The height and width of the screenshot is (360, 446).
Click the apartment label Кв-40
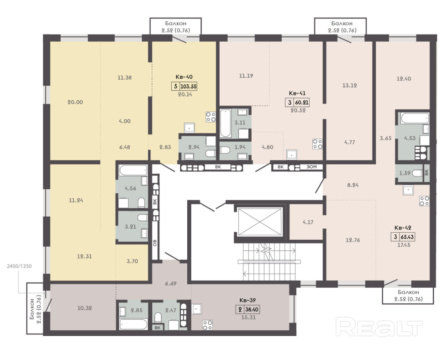(184, 77)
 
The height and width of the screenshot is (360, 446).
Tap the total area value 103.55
(188, 86)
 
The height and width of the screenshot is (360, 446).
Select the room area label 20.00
(75, 102)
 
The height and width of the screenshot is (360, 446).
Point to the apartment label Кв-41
(297, 93)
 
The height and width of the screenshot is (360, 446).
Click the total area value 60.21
(302, 102)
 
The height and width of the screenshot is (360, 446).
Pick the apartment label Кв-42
(403, 228)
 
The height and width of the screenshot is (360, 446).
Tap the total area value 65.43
(407, 236)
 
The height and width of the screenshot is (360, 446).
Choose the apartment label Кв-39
(248, 300)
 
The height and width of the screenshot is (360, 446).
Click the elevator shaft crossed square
(260, 222)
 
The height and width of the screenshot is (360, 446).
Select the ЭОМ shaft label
(312, 167)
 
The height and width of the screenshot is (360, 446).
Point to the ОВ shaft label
(155, 242)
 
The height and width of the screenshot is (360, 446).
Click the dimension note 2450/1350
(19, 266)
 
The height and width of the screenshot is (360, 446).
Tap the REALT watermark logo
(379, 327)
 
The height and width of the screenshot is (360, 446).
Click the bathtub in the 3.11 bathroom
(226, 123)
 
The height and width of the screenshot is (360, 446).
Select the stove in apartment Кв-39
(207, 325)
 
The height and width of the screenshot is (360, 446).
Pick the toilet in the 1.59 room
(417, 173)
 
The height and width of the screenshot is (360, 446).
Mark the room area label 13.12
(350, 85)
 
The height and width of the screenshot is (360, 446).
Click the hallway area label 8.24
(353, 185)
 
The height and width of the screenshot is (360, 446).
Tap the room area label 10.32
(84, 308)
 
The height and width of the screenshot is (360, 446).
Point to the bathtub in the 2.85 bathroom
(134, 324)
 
